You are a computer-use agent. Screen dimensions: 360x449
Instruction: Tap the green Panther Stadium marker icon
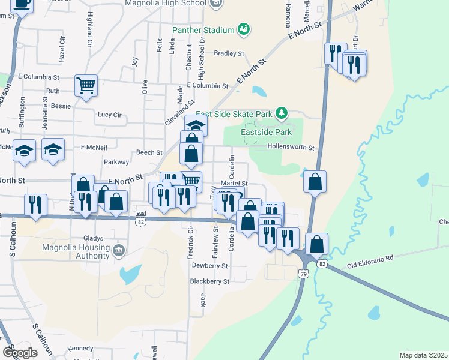tap(244, 28)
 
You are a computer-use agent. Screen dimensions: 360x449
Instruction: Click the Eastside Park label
tap(266, 132)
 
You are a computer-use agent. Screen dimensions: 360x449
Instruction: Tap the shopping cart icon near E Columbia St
tap(86, 85)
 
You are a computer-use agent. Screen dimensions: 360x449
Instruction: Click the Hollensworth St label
tap(291, 147)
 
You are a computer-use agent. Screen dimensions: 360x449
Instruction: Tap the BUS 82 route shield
tap(141, 218)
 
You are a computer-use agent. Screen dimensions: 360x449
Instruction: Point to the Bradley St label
tap(229, 53)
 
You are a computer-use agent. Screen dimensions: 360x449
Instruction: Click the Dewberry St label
tap(209, 265)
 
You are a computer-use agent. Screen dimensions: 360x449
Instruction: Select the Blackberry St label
tap(209, 281)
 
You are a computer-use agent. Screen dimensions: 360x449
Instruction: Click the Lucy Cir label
tap(109, 114)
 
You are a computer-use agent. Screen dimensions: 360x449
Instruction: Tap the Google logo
tap(20, 352)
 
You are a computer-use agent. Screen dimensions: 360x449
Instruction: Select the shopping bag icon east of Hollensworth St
tap(315, 182)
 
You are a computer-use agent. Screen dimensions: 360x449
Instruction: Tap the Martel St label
tap(234, 183)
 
